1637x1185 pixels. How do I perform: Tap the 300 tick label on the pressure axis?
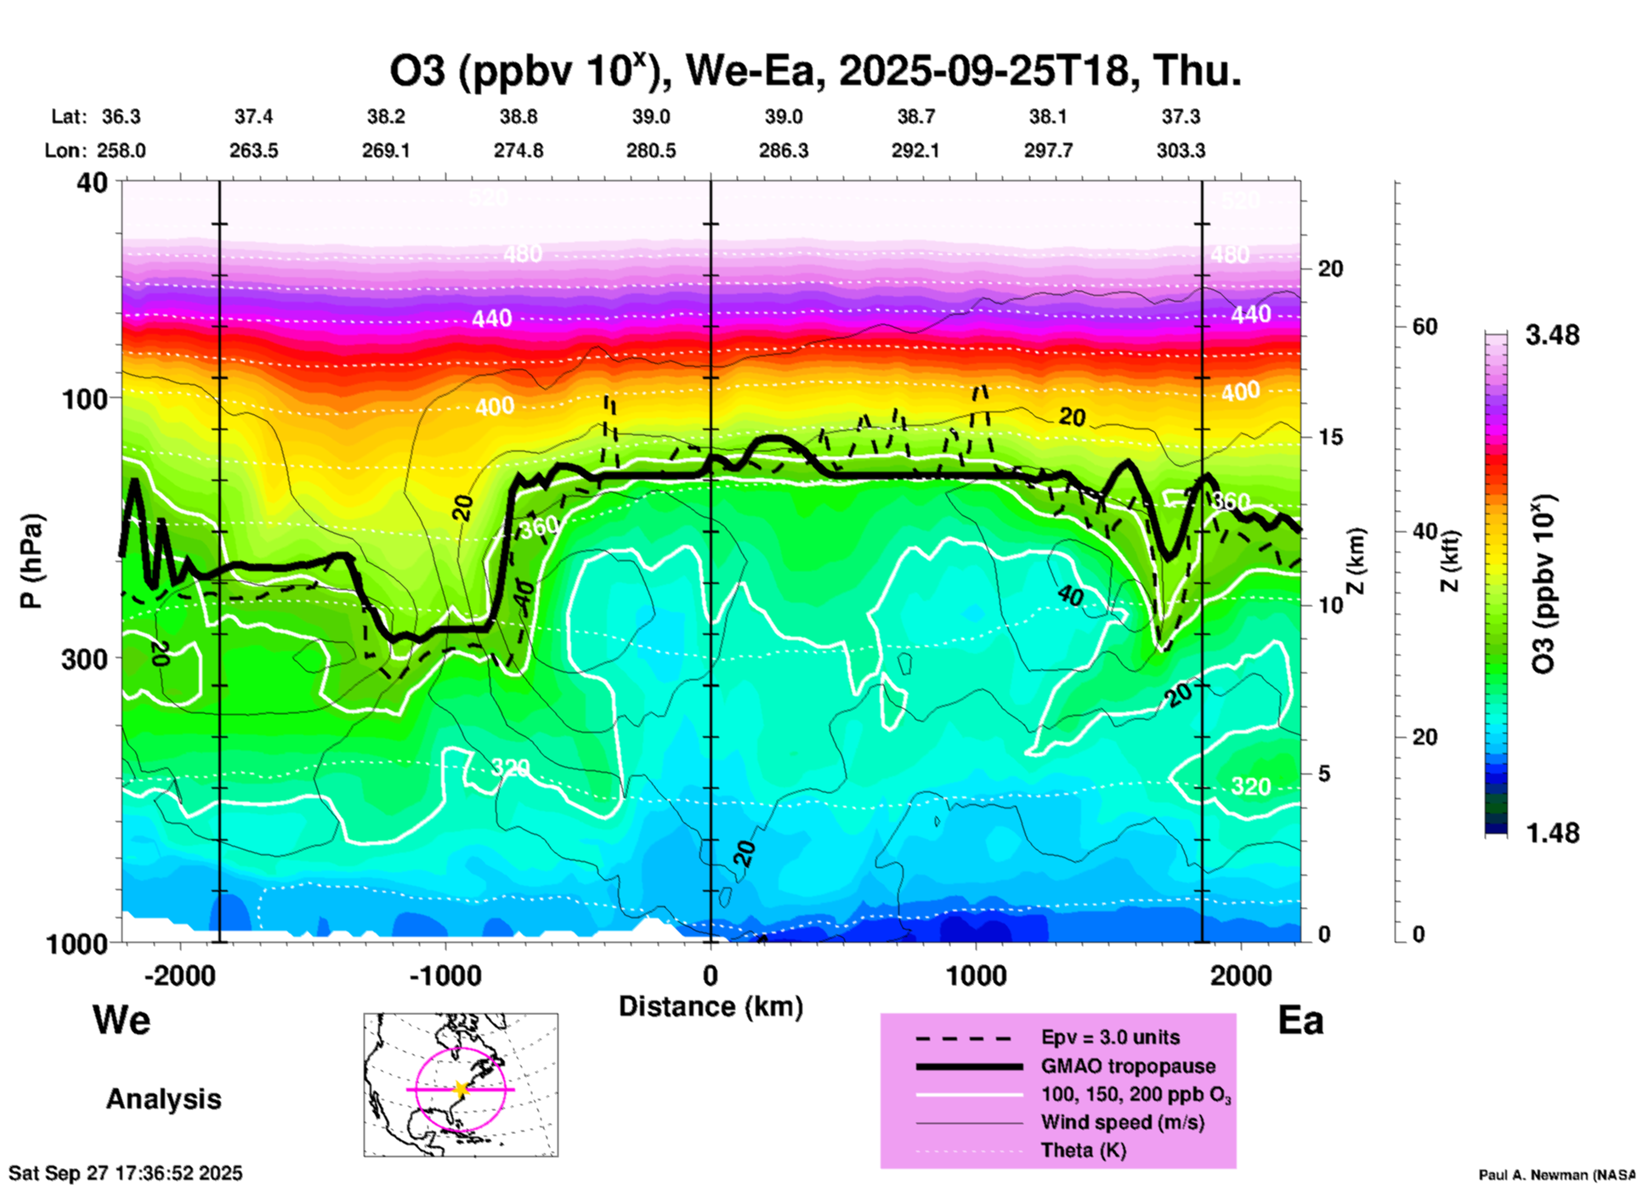click(x=85, y=659)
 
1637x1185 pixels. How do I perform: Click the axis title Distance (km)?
click(x=711, y=1006)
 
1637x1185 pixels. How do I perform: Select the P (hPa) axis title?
click(x=31, y=561)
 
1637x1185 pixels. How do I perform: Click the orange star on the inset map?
click(x=461, y=1089)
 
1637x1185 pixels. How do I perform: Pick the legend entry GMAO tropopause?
click(x=1128, y=1066)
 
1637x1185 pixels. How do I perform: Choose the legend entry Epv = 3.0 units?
click(x=1110, y=1037)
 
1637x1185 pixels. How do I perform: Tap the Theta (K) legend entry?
click(x=1083, y=1150)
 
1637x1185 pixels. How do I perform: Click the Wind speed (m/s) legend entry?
click(x=1122, y=1122)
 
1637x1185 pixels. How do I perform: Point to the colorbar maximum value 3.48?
click(x=1552, y=336)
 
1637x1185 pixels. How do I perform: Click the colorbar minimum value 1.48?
click(x=1552, y=833)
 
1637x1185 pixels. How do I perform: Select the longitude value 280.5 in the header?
click(x=651, y=151)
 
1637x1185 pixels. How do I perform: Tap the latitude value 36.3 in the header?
click(x=122, y=116)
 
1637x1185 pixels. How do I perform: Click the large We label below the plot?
click(x=122, y=1020)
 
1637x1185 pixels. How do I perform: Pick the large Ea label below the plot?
click(x=1300, y=1021)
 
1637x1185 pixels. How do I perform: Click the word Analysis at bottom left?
click(x=163, y=1099)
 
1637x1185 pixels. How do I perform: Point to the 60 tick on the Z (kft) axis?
click(x=1425, y=326)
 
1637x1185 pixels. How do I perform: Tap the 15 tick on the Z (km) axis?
click(x=1330, y=437)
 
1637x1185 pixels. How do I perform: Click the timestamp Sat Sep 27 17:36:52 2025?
click(x=126, y=1173)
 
